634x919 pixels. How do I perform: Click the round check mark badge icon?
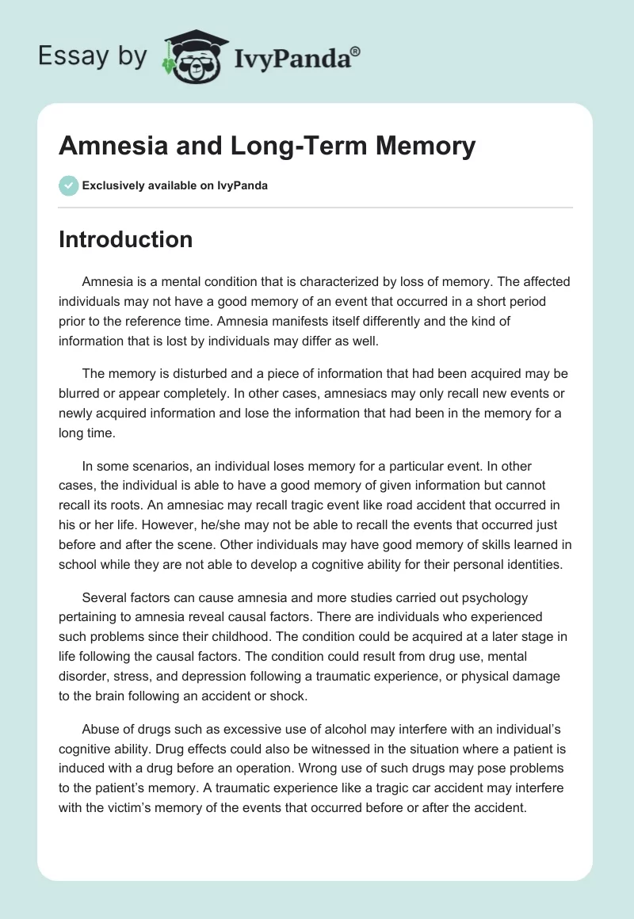68,185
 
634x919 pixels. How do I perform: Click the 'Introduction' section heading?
125,239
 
